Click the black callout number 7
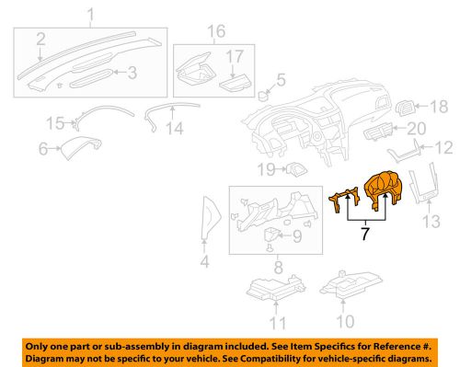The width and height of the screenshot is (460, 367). (364, 234)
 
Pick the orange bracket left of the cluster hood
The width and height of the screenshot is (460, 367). (344, 199)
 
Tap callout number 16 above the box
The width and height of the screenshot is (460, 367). (216, 31)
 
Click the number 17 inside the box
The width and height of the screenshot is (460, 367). (235, 57)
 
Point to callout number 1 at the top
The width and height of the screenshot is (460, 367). (91, 15)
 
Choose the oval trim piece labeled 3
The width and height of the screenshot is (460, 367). (91, 78)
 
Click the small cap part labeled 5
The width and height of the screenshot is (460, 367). (262, 96)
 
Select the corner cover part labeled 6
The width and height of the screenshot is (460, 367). (82, 146)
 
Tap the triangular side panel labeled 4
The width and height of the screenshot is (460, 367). (212, 217)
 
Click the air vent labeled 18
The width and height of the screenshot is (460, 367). (406, 108)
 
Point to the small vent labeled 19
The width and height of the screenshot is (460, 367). (296, 169)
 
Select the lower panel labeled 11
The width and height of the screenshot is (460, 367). (275, 287)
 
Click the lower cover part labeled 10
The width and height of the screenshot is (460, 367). (351, 284)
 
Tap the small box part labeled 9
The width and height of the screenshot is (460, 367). (270, 235)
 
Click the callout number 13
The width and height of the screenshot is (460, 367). (431, 222)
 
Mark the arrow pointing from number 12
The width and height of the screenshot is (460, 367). (426, 147)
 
